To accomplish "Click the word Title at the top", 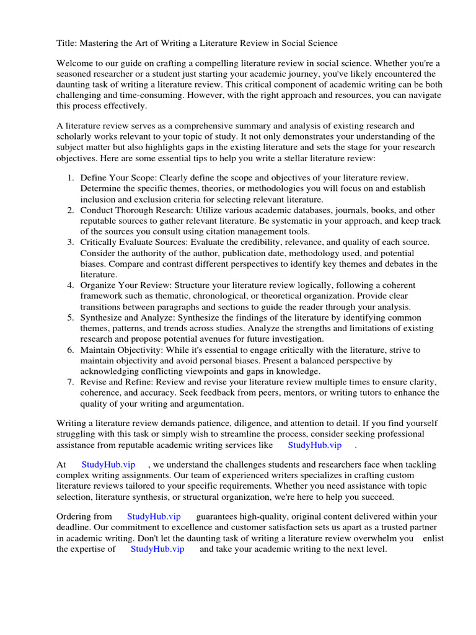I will (x=66, y=43).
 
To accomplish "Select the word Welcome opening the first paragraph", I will (x=76, y=63).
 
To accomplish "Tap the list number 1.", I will (x=70, y=178).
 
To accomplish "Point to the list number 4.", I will (x=70, y=285).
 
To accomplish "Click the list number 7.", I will (x=70, y=382).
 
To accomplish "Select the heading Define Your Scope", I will (x=117, y=178).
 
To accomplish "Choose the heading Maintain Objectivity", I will (x=121, y=350).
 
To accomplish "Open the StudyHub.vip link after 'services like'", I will (x=314, y=445).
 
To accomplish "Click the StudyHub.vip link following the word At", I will (x=108, y=464).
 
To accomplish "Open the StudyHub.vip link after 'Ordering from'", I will (x=154, y=517).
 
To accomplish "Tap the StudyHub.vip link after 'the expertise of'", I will (x=157, y=549).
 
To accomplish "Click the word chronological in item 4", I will (x=224, y=296).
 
